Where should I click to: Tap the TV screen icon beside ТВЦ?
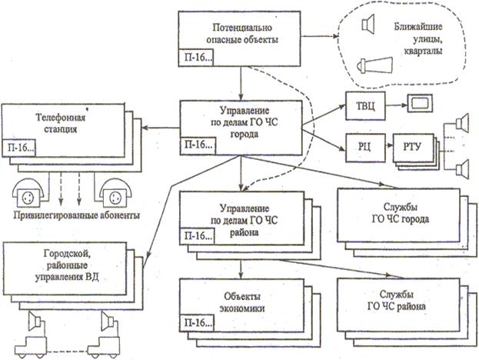point(421,102)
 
